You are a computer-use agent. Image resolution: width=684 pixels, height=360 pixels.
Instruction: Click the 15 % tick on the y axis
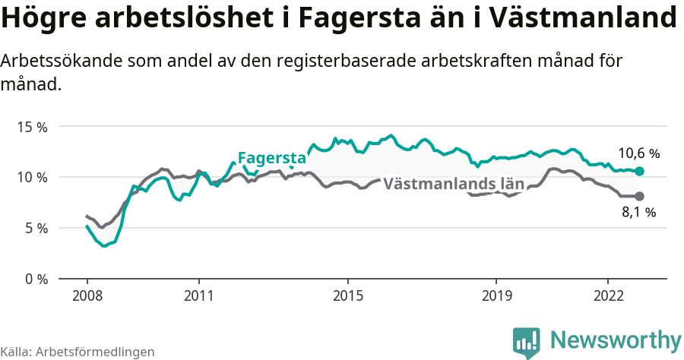pyautogui.click(x=33, y=127)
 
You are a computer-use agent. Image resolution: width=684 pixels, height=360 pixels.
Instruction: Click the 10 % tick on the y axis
pyautogui.click(x=33, y=177)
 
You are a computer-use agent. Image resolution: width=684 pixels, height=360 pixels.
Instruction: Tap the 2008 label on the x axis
pyautogui.click(x=87, y=295)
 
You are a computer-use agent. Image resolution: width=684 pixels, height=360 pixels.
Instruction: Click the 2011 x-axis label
pyautogui.click(x=198, y=295)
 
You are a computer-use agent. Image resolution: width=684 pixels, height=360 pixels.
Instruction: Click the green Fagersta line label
pyautogui.click(x=271, y=158)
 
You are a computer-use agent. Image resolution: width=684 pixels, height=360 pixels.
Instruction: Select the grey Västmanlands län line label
pyautogui.click(x=454, y=184)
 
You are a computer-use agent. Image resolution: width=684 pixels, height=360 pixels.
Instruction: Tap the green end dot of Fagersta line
pyautogui.click(x=639, y=172)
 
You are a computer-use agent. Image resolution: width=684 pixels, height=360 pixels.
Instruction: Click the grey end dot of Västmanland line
pyautogui.click(x=639, y=196)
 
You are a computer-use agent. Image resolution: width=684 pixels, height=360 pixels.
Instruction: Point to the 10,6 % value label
pyautogui.click(x=638, y=153)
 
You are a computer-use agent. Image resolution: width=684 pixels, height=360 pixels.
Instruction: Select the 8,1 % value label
pyautogui.click(x=638, y=213)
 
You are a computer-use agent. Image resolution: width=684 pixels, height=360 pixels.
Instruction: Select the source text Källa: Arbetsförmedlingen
pyautogui.click(x=78, y=352)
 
